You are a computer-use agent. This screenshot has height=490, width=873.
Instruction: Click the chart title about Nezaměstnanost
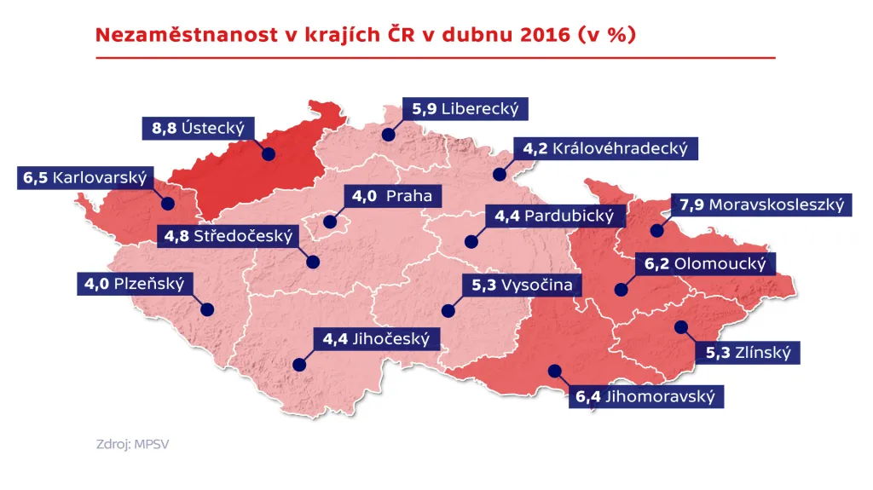click(366, 35)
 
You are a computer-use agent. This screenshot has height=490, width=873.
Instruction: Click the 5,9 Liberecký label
click(465, 109)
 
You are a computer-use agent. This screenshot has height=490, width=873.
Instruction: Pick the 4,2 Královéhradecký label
click(604, 148)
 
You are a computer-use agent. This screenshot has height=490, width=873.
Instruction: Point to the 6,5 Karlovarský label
click(84, 179)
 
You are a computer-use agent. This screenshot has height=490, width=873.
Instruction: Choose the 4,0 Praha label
click(392, 196)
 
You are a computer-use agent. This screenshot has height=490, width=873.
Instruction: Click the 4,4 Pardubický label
click(554, 216)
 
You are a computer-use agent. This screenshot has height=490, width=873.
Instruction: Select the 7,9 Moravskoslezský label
click(760, 205)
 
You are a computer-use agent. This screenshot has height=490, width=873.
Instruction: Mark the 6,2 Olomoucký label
click(705, 264)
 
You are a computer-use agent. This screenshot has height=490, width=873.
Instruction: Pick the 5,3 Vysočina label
click(522, 285)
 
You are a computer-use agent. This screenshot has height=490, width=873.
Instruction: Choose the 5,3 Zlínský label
click(748, 353)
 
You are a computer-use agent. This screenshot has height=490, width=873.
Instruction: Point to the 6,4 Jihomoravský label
click(644, 396)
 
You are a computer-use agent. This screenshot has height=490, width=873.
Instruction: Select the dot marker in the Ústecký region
click(269, 154)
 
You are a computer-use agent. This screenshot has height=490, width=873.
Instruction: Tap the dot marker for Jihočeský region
click(298, 364)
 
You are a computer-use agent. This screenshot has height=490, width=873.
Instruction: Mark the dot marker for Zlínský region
click(680, 326)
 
